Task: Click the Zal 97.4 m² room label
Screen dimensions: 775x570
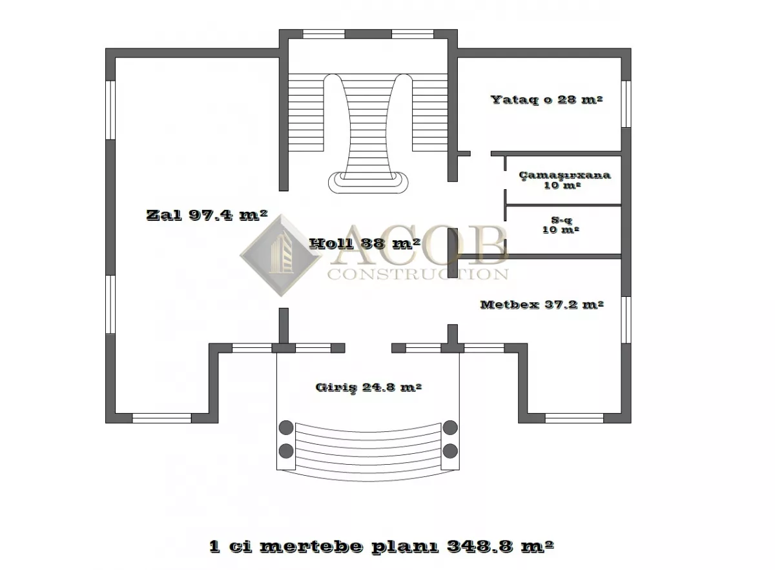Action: [207, 215]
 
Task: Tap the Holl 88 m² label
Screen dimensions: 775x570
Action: [365, 243]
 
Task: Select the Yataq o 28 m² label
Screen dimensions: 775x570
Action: [546, 99]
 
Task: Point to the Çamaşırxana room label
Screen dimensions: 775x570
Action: [564, 175]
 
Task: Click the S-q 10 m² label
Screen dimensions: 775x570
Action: [561, 225]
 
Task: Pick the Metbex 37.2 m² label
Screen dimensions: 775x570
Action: [542, 305]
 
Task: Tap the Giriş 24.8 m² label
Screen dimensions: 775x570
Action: [369, 387]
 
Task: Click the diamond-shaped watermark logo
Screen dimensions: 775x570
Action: [280, 256]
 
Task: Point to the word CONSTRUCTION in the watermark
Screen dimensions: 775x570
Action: [418, 274]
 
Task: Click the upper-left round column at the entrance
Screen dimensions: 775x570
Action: [286, 427]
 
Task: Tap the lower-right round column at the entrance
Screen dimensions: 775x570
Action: [450, 451]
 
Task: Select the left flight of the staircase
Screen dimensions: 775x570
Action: [306, 112]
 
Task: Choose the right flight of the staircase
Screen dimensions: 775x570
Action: [430, 112]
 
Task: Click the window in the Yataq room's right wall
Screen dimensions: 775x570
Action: [626, 104]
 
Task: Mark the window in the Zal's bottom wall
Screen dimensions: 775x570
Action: [162, 418]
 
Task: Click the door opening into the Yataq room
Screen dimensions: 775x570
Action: [480, 153]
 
